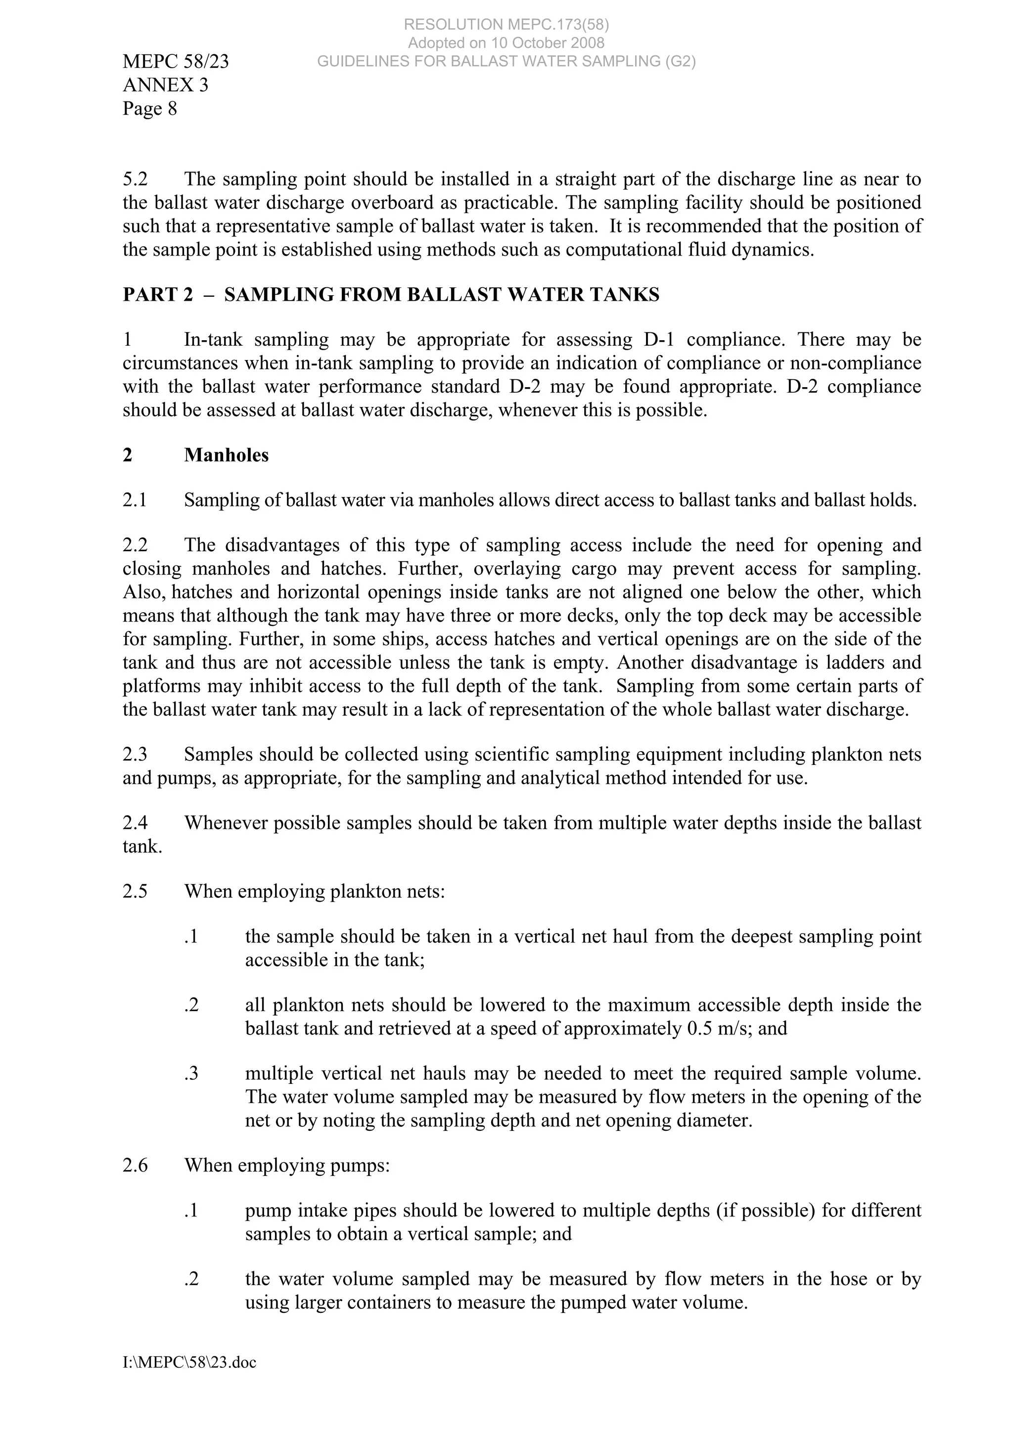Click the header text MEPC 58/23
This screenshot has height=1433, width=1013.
176,62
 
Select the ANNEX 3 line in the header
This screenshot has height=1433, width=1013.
165,85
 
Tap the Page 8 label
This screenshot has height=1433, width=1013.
150,109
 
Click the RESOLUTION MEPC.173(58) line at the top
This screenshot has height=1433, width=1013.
506,24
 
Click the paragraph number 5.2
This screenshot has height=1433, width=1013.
135,180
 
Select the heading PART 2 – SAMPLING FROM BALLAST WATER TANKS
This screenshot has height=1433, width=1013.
391,295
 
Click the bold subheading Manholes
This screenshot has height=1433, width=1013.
226,455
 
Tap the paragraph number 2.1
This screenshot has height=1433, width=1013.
135,500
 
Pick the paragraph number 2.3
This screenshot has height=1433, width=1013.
135,755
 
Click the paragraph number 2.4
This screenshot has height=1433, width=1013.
135,823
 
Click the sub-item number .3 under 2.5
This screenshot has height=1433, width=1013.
191,1074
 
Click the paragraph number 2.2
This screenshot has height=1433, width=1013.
135,545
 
